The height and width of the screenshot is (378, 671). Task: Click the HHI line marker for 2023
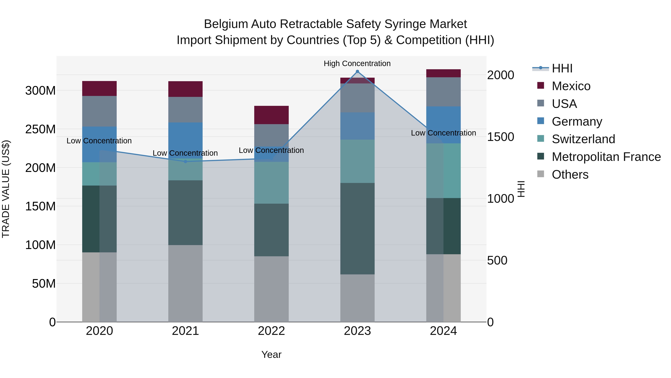pyautogui.click(x=357, y=71)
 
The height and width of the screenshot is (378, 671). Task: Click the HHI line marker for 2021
pyautogui.click(x=185, y=161)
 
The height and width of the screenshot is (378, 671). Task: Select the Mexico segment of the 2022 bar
pyautogui.click(x=271, y=115)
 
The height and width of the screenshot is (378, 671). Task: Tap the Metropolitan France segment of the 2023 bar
pyautogui.click(x=357, y=228)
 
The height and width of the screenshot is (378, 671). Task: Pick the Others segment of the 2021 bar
pyautogui.click(x=185, y=283)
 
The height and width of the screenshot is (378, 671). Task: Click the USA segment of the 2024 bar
pyautogui.click(x=443, y=92)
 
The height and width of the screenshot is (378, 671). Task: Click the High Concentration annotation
pyautogui.click(x=357, y=64)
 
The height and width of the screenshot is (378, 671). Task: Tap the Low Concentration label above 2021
pyautogui.click(x=185, y=153)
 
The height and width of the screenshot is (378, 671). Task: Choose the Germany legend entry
pyautogui.click(x=577, y=122)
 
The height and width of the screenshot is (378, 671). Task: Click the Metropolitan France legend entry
pyautogui.click(x=606, y=157)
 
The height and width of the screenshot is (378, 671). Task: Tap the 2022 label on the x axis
pyautogui.click(x=271, y=331)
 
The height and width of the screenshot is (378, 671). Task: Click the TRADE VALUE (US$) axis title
pyautogui.click(x=6, y=189)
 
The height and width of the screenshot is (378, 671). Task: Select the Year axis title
pyautogui.click(x=271, y=354)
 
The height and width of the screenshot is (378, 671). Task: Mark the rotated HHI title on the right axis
pyautogui.click(x=521, y=189)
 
